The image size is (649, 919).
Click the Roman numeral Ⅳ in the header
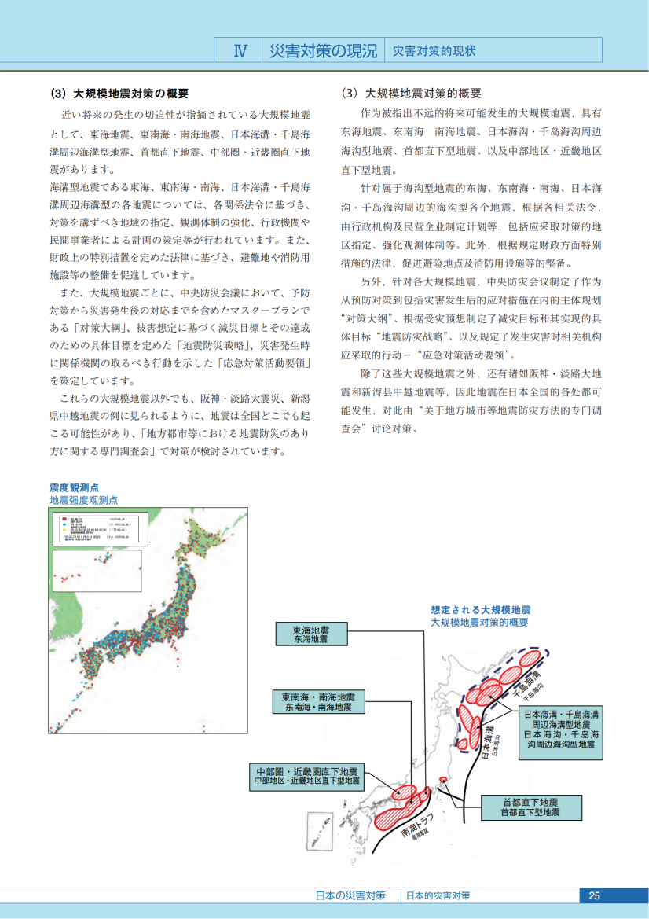[241, 51]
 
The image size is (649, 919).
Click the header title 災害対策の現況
[322, 51]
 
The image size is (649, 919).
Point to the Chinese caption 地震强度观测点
[84, 500]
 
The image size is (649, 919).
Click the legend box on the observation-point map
[100, 529]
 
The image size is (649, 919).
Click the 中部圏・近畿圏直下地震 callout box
[306, 776]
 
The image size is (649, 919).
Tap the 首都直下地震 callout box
[530, 807]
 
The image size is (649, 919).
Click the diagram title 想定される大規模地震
[481, 610]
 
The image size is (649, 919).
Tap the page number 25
[594, 895]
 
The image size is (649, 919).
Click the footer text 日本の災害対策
[350, 895]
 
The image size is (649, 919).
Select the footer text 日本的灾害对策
[438, 895]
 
